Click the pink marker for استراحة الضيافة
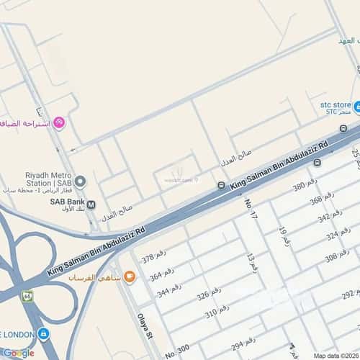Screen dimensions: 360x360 (x=59, y=122)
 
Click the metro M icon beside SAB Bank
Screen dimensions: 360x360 (x=91, y=204)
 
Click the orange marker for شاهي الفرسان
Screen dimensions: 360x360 (x=129, y=276)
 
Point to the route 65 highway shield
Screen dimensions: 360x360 (x=27, y=297)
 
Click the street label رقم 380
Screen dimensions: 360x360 (x=305, y=187)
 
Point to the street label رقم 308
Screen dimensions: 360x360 (x=336, y=257)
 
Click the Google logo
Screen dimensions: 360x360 (x=18, y=353)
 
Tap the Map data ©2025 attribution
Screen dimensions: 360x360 (x=335, y=356)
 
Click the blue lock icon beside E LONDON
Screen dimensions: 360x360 (x=43, y=335)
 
